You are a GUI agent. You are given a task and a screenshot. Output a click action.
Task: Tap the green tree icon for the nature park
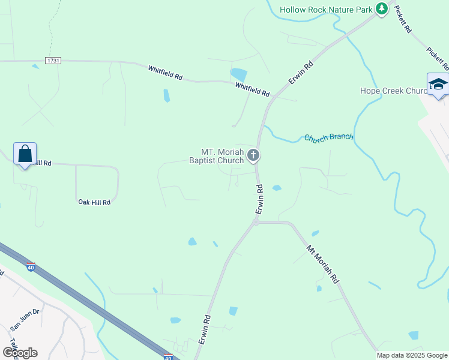[381, 8]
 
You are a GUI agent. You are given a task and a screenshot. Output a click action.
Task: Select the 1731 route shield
[53, 61]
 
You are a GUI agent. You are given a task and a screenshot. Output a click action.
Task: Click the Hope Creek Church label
[393, 91]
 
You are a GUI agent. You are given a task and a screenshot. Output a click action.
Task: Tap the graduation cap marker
[438, 85]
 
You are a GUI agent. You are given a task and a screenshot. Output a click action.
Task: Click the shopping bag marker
[25, 154]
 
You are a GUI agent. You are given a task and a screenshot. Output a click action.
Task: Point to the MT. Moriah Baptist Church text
[217, 156]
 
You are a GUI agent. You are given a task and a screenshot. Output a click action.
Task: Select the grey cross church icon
[253, 156]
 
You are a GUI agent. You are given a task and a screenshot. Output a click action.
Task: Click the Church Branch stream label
[328, 137]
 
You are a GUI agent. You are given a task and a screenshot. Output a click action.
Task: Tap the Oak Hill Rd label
[95, 202]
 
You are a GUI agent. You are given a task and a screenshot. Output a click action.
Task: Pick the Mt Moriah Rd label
[323, 264]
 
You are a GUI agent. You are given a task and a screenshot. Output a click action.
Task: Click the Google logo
[20, 352]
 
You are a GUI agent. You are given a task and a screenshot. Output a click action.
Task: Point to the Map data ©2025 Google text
[412, 355]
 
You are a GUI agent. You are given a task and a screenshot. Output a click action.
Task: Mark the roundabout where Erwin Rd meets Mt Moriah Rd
[256, 222]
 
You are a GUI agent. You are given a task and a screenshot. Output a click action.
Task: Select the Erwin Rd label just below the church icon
[260, 199]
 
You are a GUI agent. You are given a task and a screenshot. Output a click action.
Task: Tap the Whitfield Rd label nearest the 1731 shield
[165, 73]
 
